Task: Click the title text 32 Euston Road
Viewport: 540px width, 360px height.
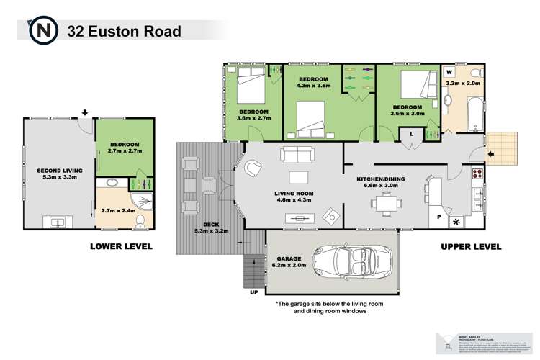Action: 123,31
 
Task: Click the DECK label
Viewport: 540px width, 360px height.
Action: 211,225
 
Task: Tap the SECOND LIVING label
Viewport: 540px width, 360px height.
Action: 60,171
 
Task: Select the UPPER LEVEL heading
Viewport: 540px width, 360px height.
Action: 471,246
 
